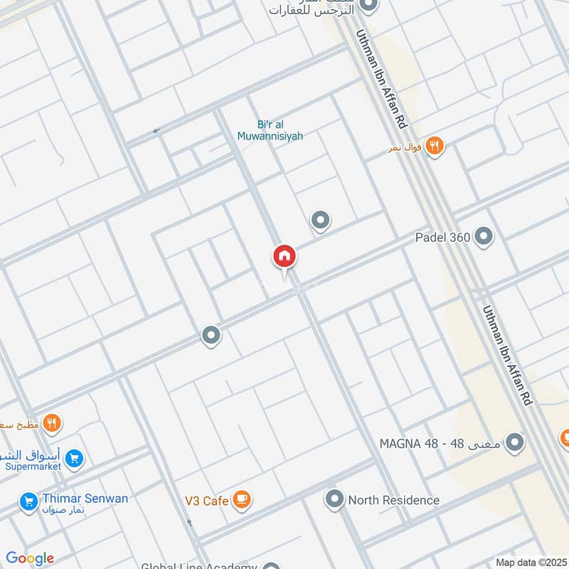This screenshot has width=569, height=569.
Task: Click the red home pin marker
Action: pos(284,257)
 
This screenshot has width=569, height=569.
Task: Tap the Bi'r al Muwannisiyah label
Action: pos(270,129)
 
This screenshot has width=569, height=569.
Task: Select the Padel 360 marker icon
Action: pos(484,237)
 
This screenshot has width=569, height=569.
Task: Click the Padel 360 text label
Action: pos(442,237)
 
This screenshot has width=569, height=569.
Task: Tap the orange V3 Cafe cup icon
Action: pos(242,501)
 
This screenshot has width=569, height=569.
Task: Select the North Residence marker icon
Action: pos(334,499)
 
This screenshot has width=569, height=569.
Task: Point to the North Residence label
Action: pos(393,500)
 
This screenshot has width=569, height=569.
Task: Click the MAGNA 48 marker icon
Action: pos(515,443)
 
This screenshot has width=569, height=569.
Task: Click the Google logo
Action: pos(30,558)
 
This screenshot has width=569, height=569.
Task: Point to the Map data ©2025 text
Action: pos(531,563)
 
